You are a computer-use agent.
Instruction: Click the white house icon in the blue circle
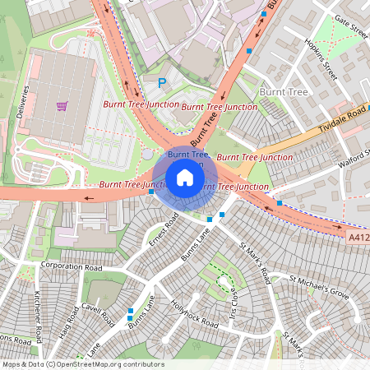[185, 178]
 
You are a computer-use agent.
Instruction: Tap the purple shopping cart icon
[62, 106]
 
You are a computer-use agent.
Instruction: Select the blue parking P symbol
[161, 82]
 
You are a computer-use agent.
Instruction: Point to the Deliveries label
[25, 102]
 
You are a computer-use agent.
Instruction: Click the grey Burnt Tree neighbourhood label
[283, 92]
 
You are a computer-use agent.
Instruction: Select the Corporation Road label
[71, 267]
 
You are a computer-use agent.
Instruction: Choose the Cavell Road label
[97, 313]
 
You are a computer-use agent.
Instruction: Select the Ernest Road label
[164, 230]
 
